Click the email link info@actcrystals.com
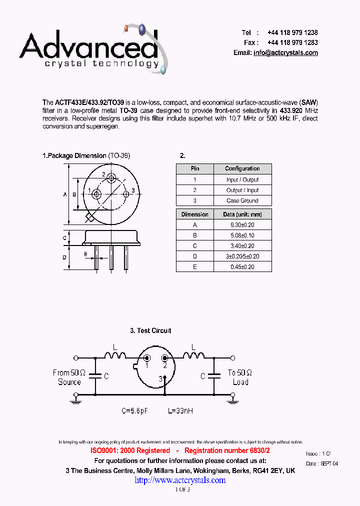pos(285,53)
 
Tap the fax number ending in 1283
pos(292,42)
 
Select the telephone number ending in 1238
pos(292,32)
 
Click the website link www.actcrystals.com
pos(180,480)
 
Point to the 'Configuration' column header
pos(242,169)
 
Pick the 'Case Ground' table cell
pos(242,200)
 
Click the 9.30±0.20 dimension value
pos(242,225)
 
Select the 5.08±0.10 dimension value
pos(242,235)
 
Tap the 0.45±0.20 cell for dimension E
pos(242,267)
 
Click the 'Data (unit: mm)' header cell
pos(242,214)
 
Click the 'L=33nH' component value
pos(180,411)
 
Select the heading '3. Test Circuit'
pos(150,330)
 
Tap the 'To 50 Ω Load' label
pos(240,377)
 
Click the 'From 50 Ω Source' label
pos(69,377)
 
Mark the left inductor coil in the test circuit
pos(115,355)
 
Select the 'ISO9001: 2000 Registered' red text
pos(130,451)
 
